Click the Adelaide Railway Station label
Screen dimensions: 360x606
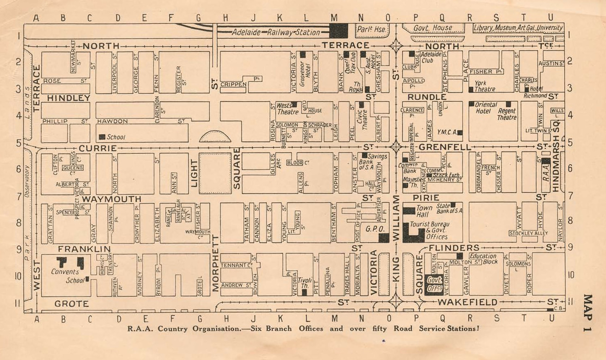(276, 32)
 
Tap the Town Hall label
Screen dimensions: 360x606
(424, 211)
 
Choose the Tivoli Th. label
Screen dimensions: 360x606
(305, 282)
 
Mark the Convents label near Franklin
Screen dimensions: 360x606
(65, 272)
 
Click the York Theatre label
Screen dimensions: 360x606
(485, 86)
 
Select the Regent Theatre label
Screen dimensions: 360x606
(507, 115)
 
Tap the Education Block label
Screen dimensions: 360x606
(483, 259)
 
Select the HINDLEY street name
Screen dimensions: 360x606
(69, 98)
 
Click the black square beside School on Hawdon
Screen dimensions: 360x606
(102, 137)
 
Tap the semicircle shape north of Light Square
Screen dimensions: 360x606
(215, 136)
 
